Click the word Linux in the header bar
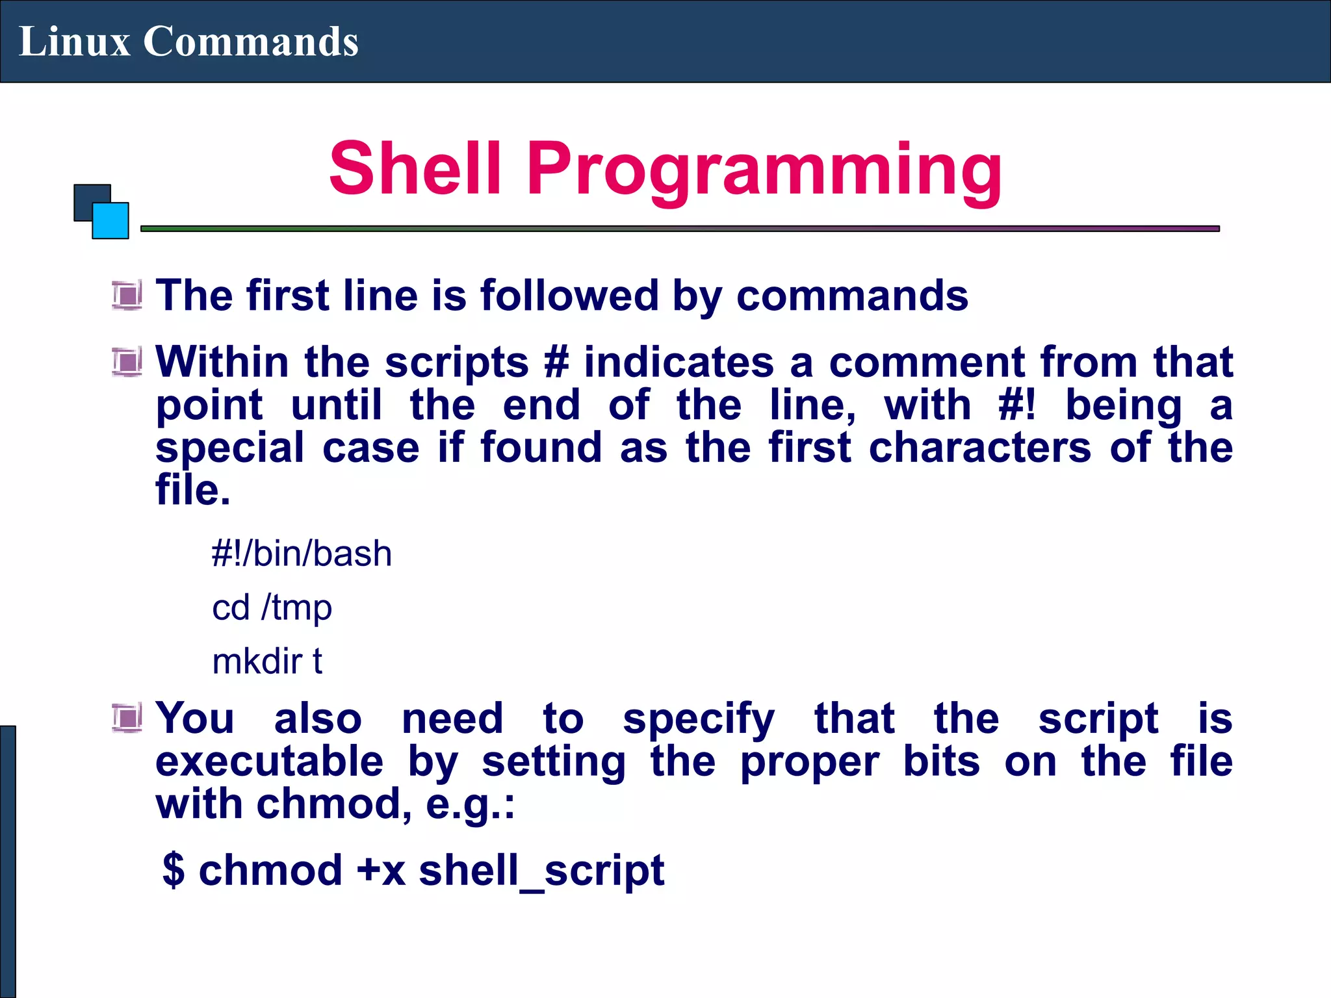point(74,42)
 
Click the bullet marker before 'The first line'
point(127,296)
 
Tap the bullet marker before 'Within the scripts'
point(127,361)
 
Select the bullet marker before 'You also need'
point(127,718)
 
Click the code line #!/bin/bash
point(302,554)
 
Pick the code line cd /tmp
point(272,608)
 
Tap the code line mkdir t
point(267,661)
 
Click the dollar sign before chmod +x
point(174,870)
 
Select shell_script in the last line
point(541,871)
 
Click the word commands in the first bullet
point(852,296)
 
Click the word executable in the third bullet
point(269,761)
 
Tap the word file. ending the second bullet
point(193,490)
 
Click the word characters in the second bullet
point(979,448)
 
